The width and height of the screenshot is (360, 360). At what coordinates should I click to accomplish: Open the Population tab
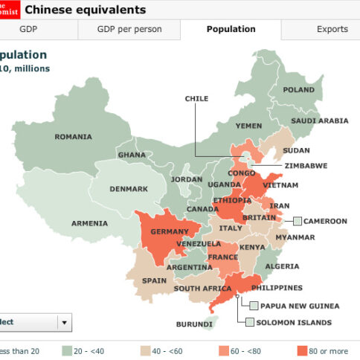(231, 30)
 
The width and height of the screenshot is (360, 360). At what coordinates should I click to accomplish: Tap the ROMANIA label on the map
(73, 137)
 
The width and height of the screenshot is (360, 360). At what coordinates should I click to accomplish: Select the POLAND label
(298, 90)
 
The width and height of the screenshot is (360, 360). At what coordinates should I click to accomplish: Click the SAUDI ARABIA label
(319, 120)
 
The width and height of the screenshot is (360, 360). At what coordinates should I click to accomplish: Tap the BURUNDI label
(193, 324)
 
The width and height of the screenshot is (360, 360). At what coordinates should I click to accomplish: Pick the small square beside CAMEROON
(298, 221)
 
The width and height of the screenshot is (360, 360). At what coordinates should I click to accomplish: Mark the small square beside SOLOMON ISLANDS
(242, 322)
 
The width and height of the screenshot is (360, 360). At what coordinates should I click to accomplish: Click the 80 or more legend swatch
(302, 350)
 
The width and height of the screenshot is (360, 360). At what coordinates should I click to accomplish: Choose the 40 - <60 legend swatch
(146, 350)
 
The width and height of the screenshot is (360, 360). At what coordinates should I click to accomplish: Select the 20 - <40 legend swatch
(67, 350)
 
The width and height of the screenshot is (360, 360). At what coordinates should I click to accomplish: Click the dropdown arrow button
(65, 322)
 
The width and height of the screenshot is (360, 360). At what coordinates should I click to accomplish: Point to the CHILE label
(196, 98)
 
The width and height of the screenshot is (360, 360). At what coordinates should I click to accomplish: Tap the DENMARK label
(129, 189)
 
